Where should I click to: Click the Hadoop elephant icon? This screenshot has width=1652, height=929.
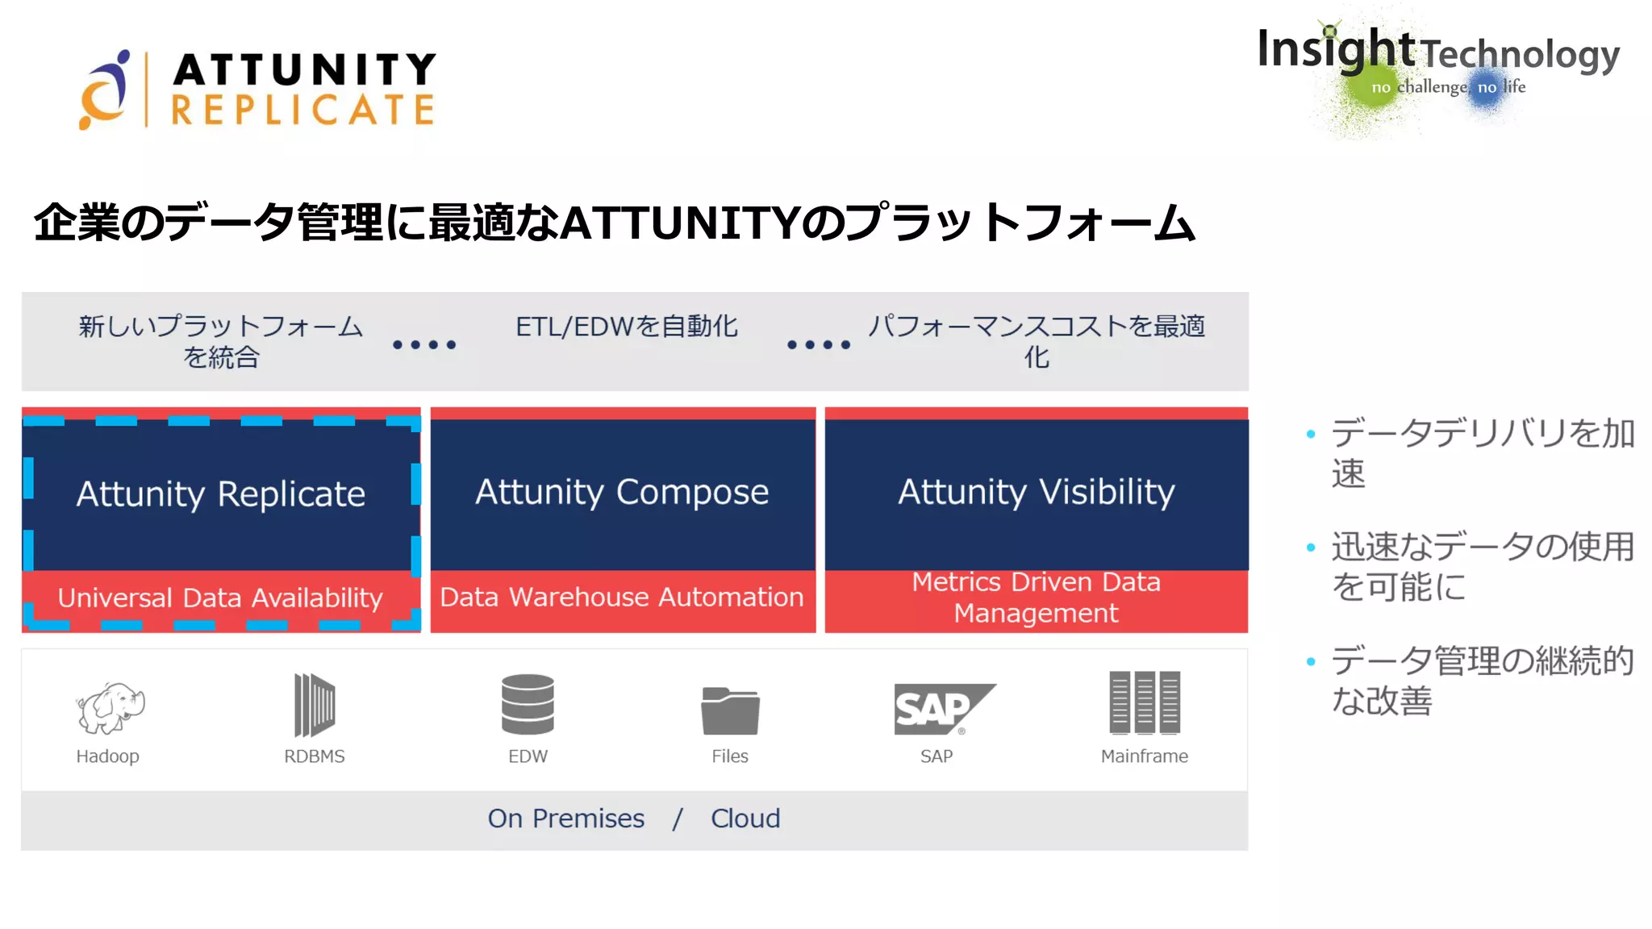coord(110,707)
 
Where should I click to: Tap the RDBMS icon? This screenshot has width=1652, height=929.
coord(315,705)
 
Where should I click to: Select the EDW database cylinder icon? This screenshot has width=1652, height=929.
coord(528,704)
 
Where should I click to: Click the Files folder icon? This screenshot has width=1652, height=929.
coord(730,710)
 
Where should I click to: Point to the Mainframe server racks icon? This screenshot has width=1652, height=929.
coord(1145,702)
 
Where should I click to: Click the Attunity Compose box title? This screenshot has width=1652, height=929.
coord(622,492)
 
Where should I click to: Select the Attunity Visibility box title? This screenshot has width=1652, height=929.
coord(1037,492)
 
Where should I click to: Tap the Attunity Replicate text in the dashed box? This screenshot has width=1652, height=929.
coord(221,494)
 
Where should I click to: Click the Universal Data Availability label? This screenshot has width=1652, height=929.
coord(220,598)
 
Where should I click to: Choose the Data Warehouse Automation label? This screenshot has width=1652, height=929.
coord(622,597)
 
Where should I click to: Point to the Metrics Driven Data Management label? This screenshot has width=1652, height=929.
coord(1037,598)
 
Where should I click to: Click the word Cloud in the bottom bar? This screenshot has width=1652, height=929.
coord(745,819)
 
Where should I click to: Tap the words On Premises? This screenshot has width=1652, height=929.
coord(566,819)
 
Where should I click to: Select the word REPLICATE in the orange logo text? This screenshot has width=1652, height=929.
coord(303,110)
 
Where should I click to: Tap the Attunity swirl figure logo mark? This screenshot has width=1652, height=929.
coord(106,90)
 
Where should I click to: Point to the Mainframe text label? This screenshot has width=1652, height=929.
coord(1144,756)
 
